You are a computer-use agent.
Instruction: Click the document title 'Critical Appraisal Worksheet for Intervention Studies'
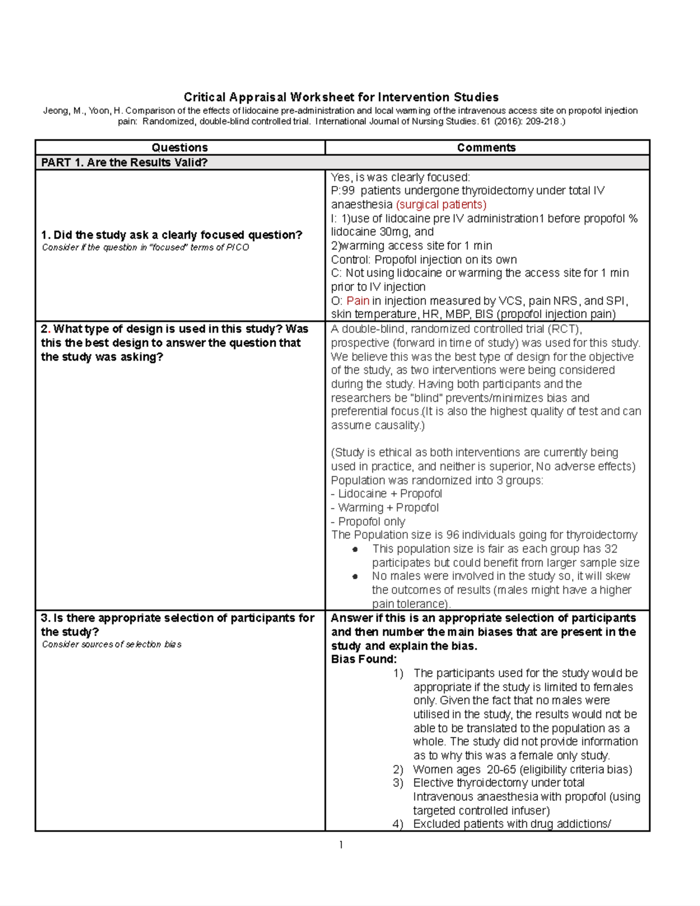tap(341, 97)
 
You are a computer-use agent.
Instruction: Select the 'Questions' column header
tap(180, 148)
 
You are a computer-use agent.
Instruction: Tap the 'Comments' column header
tap(487, 148)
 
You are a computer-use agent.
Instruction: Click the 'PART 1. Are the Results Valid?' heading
tap(124, 163)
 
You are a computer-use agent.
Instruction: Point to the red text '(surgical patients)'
tap(441, 205)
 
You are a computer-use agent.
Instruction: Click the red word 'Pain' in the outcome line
tap(358, 301)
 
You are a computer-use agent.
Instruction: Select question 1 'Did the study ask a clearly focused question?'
tap(171, 235)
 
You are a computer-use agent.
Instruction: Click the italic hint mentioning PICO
tap(145, 247)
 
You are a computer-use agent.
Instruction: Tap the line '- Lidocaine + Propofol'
tap(386, 494)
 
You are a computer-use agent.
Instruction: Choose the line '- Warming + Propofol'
tap(384, 508)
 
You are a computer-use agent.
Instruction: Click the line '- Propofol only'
tap(367, 522)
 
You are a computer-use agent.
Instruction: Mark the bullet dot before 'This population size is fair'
tap(355, 550)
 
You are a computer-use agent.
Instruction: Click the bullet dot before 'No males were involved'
tap(355, 576)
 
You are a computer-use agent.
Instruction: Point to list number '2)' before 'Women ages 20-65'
tap(398, 769)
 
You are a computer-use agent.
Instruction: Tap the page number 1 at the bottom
tap(341, 845)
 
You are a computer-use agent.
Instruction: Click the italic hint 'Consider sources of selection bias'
tap(111, 645)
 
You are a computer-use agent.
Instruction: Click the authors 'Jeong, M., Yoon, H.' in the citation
tap(82, 111)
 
